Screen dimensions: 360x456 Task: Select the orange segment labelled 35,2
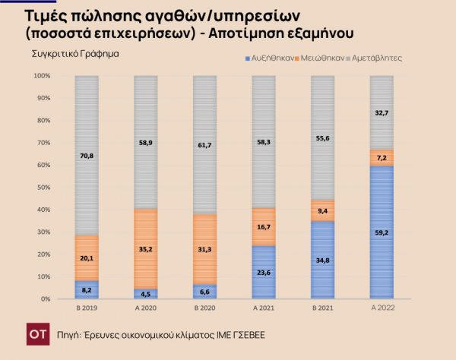coord(145,249)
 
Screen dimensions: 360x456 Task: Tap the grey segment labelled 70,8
coord(86,155)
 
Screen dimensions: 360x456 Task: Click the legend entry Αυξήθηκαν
coord(270,58)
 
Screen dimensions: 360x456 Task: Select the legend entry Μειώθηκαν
coord(320,58)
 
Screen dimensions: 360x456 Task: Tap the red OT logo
coord(33,333)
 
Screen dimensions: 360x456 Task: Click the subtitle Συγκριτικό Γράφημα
coord(75,55)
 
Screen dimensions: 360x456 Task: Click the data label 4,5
coord(145,293)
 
